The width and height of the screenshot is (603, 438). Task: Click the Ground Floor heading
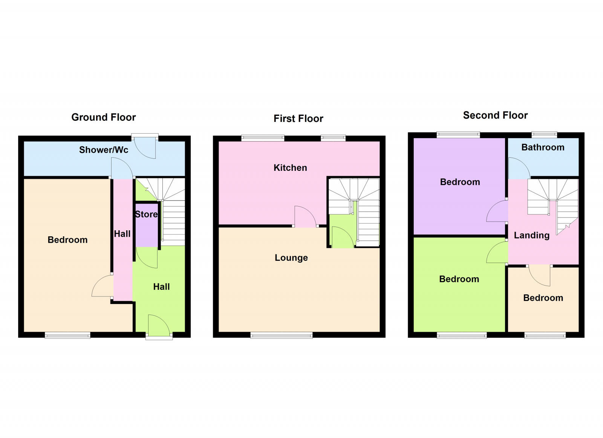[x=103, y=117]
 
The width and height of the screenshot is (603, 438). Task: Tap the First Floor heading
[x=298, y=119]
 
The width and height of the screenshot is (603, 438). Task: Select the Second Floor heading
[x=495, y=115]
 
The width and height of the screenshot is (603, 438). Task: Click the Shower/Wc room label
[x=104, y=150]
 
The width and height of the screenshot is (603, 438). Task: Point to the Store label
[x=146, y=214]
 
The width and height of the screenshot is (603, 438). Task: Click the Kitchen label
[x=290, y=167]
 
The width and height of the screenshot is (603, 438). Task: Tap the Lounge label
[x=291, y=258]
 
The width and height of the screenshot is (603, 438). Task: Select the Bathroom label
[x=543, y=147]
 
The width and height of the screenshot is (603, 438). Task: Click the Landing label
[x=531, y=235]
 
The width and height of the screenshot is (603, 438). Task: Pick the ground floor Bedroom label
[x=67, y=240]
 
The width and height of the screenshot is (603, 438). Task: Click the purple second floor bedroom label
[x=460, y=182]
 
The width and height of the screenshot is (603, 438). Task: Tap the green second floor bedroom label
[x=459, y=279]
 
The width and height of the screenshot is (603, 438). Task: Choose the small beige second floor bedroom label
[x=543, y=298]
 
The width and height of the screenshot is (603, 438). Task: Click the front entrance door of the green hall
[x=159, y=325]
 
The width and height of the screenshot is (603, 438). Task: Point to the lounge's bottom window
[x=282, y=335]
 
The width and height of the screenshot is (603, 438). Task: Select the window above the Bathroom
[x=544, y=134]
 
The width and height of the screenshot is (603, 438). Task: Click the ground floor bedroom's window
[x=67, y=335]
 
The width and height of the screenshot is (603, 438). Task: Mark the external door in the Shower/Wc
[x=145, y=147]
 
